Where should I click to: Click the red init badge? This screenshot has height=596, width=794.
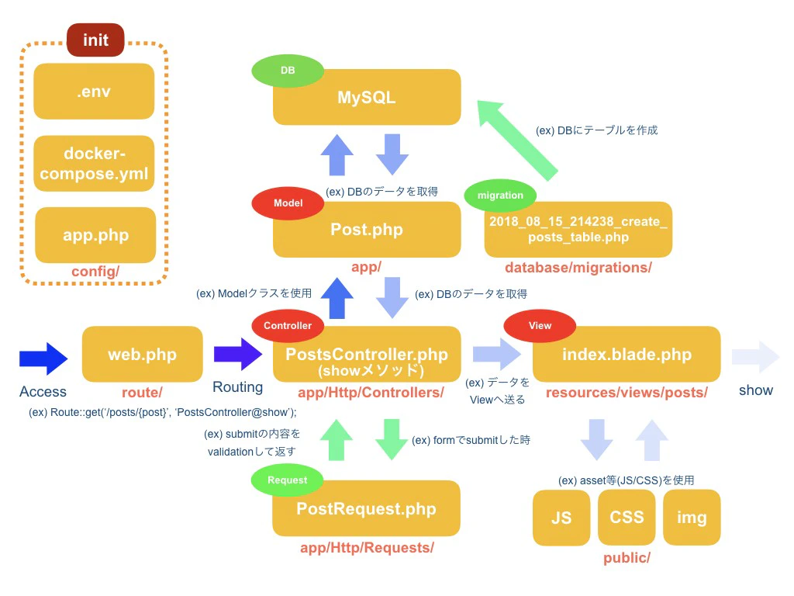coord(95,40)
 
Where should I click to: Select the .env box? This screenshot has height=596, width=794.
coord(94,92)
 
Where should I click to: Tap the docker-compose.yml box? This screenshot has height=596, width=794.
coord(94,163)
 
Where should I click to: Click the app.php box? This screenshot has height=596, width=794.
coord(95,234)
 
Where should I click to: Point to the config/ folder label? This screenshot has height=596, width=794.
coord(95,272)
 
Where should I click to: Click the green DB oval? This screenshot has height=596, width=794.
coord(288,71)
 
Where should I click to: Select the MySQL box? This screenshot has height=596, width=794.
coord(367,97)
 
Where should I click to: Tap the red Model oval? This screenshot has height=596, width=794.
coord(288,203)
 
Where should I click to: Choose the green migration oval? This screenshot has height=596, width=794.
coord(500,195)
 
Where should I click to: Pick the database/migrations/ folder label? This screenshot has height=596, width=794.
coord(578,268)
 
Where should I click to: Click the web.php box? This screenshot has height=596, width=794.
coord(143,354)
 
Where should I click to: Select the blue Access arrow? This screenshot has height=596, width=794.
coord(43,359)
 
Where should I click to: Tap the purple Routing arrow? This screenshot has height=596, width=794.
coord(238,354)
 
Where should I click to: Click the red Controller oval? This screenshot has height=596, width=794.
coord(288,325)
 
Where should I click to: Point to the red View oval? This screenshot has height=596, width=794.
coord(540,325)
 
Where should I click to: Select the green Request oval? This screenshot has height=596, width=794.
coord(287,480)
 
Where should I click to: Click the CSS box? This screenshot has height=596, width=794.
coord(627,518)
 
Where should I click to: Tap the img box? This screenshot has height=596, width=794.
coord(692,518)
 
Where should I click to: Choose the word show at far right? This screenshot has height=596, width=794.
coord(755,390)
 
